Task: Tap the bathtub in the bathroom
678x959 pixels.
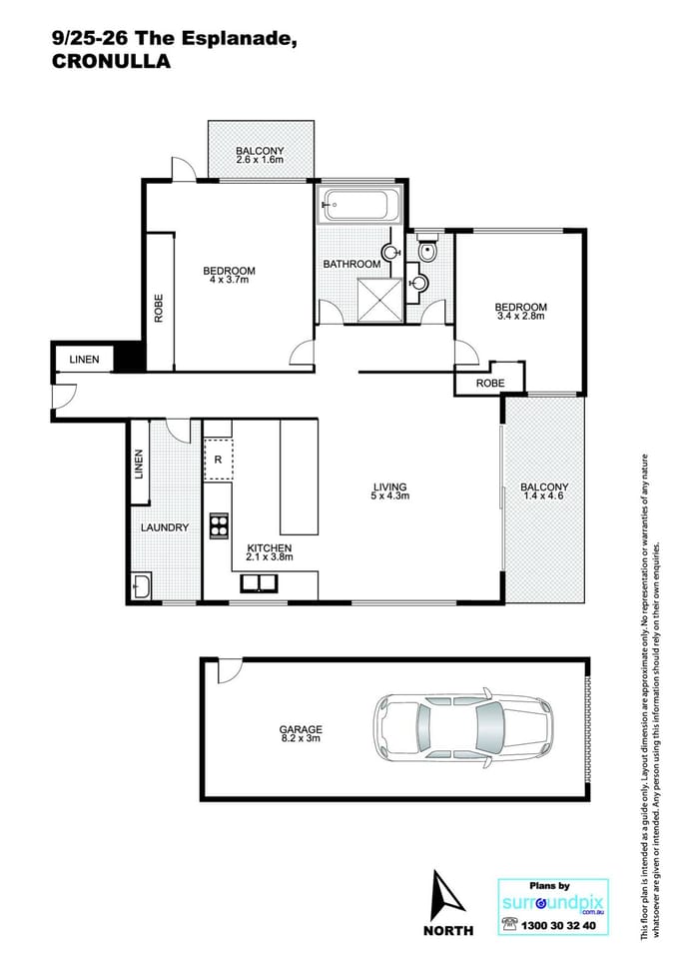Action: point(359,206)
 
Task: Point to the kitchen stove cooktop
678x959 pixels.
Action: point(218,525)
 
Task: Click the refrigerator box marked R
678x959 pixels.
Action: point(218,460)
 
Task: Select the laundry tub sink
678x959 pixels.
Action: point(142,586)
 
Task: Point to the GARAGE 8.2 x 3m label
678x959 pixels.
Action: point(301,735)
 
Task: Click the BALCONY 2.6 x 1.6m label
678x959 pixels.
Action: point(261,155)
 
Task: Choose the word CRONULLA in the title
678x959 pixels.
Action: point(111,62)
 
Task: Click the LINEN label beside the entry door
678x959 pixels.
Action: point(84,360)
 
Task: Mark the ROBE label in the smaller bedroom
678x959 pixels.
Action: point(489,383)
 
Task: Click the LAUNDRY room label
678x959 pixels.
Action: point(165,527)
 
